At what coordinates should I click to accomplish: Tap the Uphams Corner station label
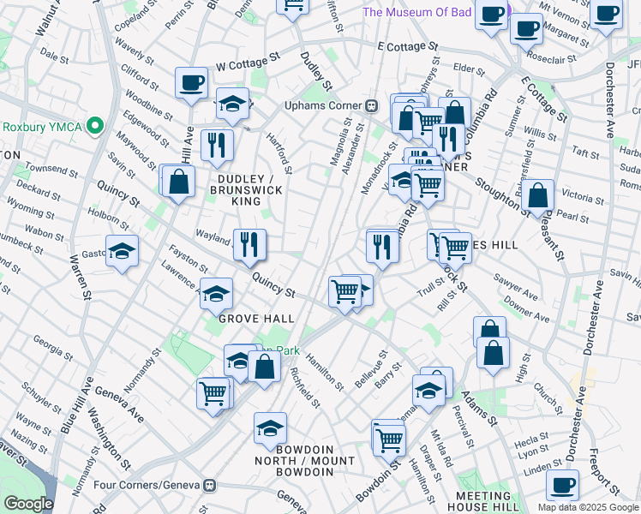tap(324, 106)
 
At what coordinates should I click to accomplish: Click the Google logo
tap(28, 504)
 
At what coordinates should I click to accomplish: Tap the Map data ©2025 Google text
tap(589, 507)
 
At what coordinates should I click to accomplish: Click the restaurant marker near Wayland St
tap(249, 245)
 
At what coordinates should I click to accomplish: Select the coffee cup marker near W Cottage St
tap(192, 83)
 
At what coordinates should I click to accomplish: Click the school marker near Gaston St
tap(123, 252)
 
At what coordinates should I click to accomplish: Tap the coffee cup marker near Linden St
tap(562, 486)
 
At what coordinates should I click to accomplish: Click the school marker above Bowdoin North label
tap(270, 428)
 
